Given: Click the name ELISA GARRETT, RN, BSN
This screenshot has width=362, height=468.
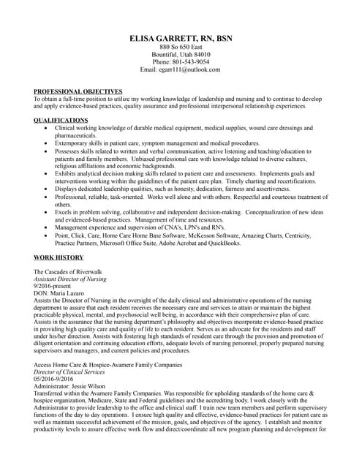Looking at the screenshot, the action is click(x=181, y=38).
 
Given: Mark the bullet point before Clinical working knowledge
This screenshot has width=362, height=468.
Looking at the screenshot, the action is click(x=46, y=128).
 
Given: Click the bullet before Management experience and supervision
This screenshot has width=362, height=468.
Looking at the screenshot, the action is click(x=46, y=227).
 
